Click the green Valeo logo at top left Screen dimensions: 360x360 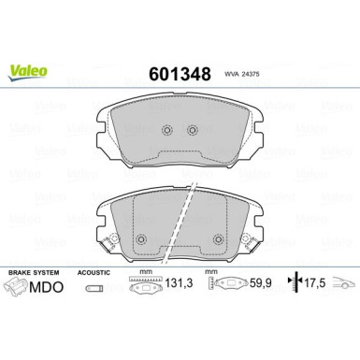tap(28, 73)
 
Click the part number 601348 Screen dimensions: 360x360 tap(180, 74)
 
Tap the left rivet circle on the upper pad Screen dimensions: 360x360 tap(167, 130)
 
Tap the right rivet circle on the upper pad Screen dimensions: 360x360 tap(193, 130)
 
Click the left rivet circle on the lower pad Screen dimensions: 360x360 tap(141, 239)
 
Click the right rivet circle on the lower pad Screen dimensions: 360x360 tap(218, 239)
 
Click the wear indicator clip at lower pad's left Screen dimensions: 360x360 tap(108, 241)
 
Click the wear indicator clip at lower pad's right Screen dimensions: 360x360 tap(251, 241)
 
